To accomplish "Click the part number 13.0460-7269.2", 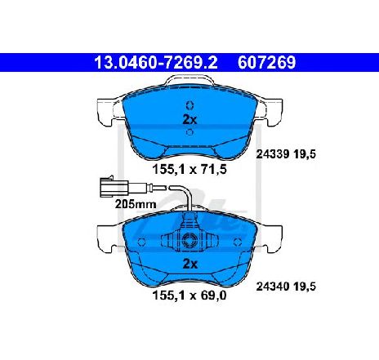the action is click(x=156, y=63).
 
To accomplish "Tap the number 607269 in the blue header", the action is click(x=266, y=63).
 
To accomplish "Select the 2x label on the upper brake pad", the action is click(x=189, y=119).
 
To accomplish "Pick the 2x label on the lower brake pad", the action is click(x=189, y=264).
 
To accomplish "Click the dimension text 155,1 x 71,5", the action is click(x=189, y=170).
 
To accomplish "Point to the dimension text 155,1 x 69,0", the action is click(x=189, y=296).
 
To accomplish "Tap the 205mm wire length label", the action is click(x=136, y=204).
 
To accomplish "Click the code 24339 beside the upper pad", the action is click(x=272, y=154).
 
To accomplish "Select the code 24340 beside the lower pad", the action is click(x=272, y=287).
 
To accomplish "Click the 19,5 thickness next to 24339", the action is click(x=305, y=154).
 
